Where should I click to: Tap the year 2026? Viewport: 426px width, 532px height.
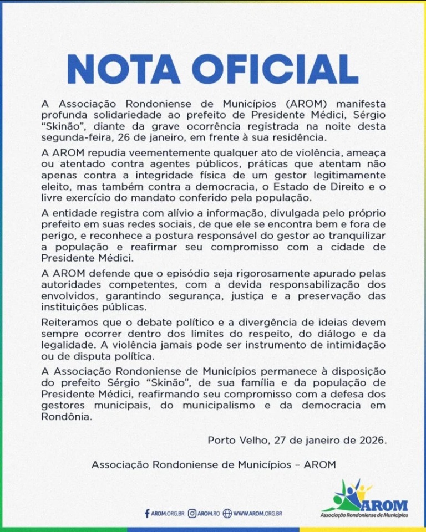369,441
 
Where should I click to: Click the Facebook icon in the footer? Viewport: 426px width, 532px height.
147,513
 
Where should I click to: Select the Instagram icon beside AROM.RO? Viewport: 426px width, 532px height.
192,513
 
